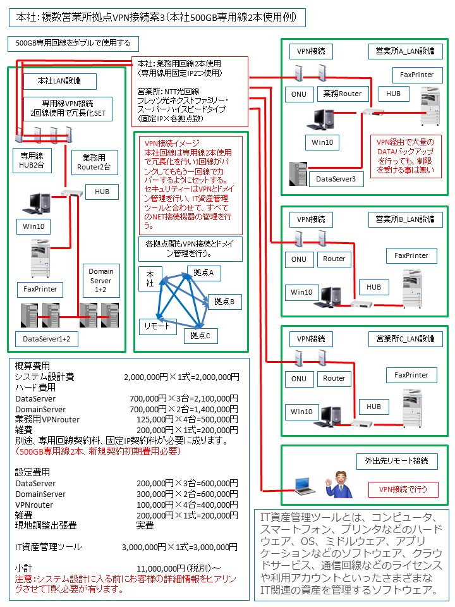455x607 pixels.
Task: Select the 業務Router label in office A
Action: (342, 94)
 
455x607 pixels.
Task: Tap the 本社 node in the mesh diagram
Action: (150, 278)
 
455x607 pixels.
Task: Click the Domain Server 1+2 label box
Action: (101, 280)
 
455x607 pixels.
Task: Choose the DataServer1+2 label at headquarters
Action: (46, 340)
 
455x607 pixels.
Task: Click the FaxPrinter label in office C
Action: (411, 375)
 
